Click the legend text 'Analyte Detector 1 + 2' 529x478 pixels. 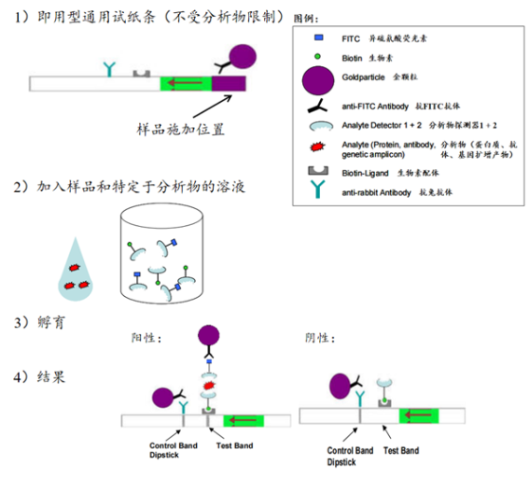coord(379,126)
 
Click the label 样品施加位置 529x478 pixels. coord(181,126)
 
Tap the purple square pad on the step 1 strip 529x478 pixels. coord(229,84)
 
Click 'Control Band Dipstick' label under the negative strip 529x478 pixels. coord(349,456)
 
